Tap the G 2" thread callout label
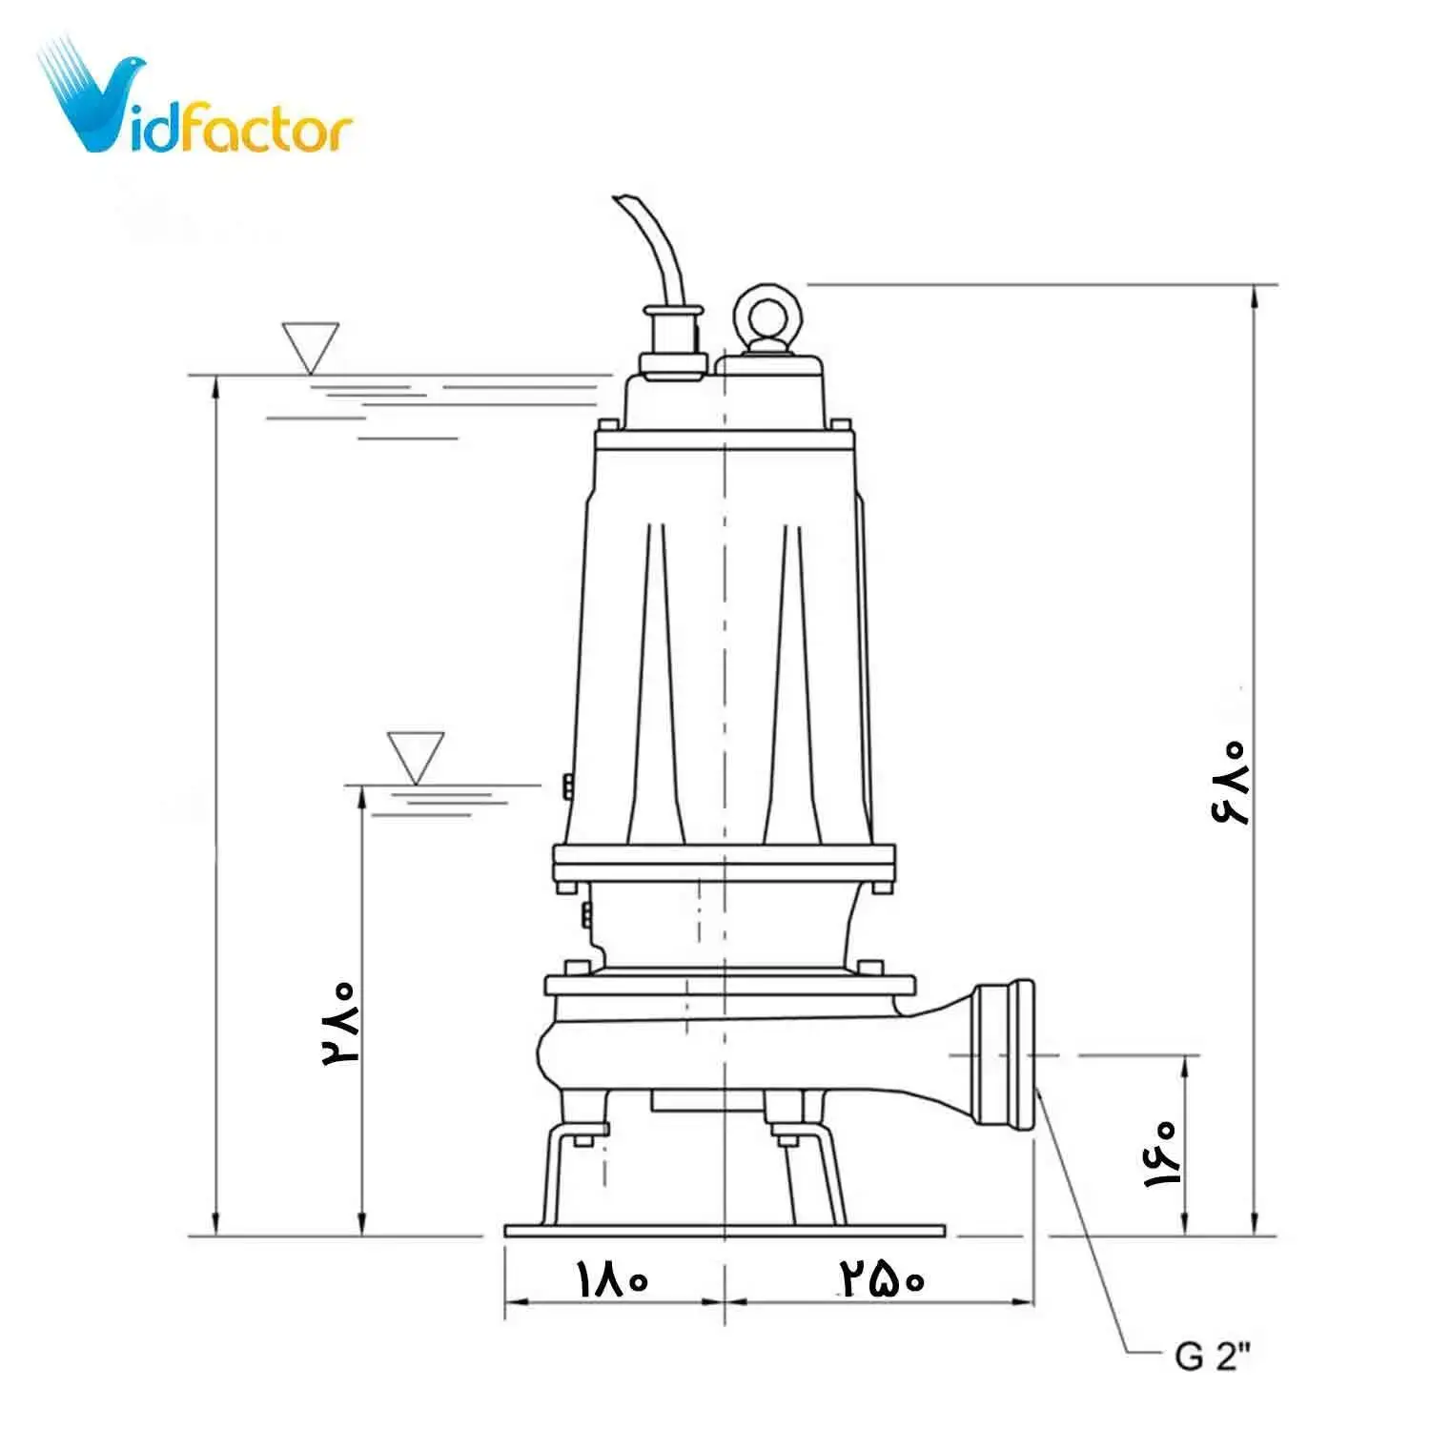tap(1212, 1355)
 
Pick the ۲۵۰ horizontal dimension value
tap(882, 1277)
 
